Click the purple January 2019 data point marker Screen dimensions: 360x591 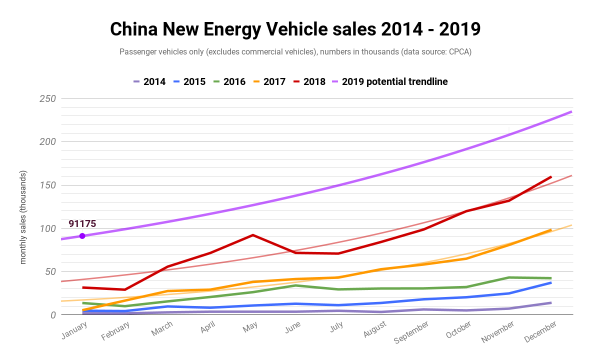[x=82, y=236]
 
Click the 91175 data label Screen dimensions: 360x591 [x=82, y=223]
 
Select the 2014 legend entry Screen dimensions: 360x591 [x=149, y=81]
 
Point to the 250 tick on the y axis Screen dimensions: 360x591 [x=47, y=98]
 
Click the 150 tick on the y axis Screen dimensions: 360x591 [x=47, y=185]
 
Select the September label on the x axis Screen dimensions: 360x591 [x=411, y=332]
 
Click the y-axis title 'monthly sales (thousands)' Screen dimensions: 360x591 [x=23, y=217]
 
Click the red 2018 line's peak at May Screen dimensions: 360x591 [x=253, y=235]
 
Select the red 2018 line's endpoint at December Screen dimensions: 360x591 [x=551, y=176]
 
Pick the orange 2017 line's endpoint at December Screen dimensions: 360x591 [x=551, y=230]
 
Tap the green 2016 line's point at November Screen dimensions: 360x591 [x=508, y=277]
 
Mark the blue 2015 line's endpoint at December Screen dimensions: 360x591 [x=551, y=282]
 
